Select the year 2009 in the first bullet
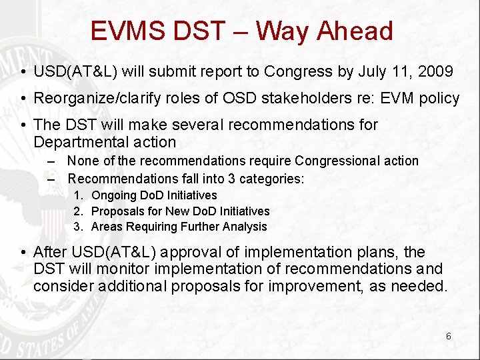click(437, 71)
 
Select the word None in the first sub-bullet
click(81, 161)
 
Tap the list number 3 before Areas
click(78, 227)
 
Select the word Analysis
click(245, 227)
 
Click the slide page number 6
click(448, 336)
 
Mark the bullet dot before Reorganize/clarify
click(23, 99)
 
